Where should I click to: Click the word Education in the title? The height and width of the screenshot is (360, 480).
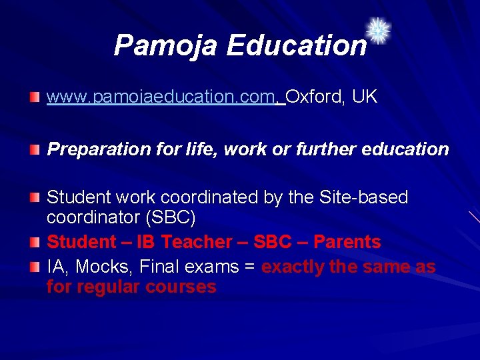296,46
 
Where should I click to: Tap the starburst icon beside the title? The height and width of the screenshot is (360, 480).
379,31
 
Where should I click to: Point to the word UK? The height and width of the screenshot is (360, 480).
365,97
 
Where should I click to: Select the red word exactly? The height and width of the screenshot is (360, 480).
291,267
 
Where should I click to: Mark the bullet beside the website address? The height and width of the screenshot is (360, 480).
35,98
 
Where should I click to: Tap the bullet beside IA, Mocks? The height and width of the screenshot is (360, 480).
35,267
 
